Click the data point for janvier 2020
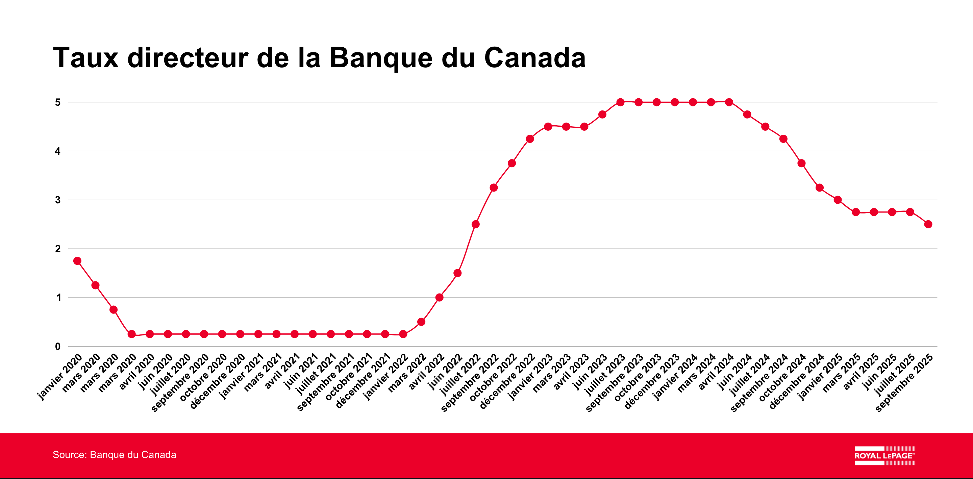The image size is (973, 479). [77, 261]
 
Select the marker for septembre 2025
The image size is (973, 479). [928, 224]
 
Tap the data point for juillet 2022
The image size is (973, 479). [476, 224]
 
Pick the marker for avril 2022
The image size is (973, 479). [439, 297]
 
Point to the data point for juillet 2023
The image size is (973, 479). [620, 102]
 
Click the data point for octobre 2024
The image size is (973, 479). [801, 163]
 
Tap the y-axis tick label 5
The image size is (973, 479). [57, 102]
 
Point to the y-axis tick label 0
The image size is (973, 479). [57, 346]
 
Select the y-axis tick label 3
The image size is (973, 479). [57, 200]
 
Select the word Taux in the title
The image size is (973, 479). [86, 58]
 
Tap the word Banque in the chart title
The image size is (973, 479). [381, 58]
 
